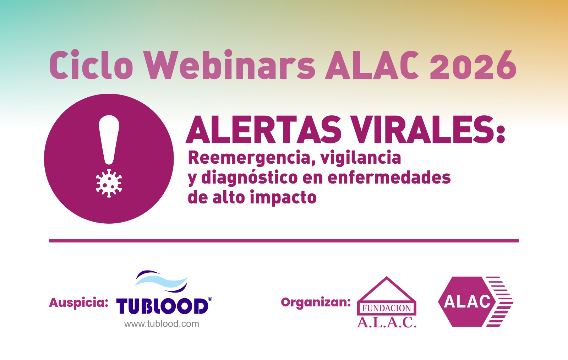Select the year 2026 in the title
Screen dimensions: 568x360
coord(473,65)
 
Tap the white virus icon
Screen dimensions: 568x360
coord(109,183)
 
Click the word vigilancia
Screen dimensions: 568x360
coord(360,158)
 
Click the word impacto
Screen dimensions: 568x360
coord(283,197)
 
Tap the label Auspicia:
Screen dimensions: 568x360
coord(78,303)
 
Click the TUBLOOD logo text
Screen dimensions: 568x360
coord(162,306)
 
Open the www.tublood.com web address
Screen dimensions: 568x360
coord(162,324)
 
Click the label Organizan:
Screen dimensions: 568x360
coord(316,302)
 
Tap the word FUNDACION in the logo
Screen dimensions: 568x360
coord(387,308)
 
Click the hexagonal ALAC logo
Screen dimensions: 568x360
coord(476,302)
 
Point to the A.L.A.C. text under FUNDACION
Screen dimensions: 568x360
coord(387,322)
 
